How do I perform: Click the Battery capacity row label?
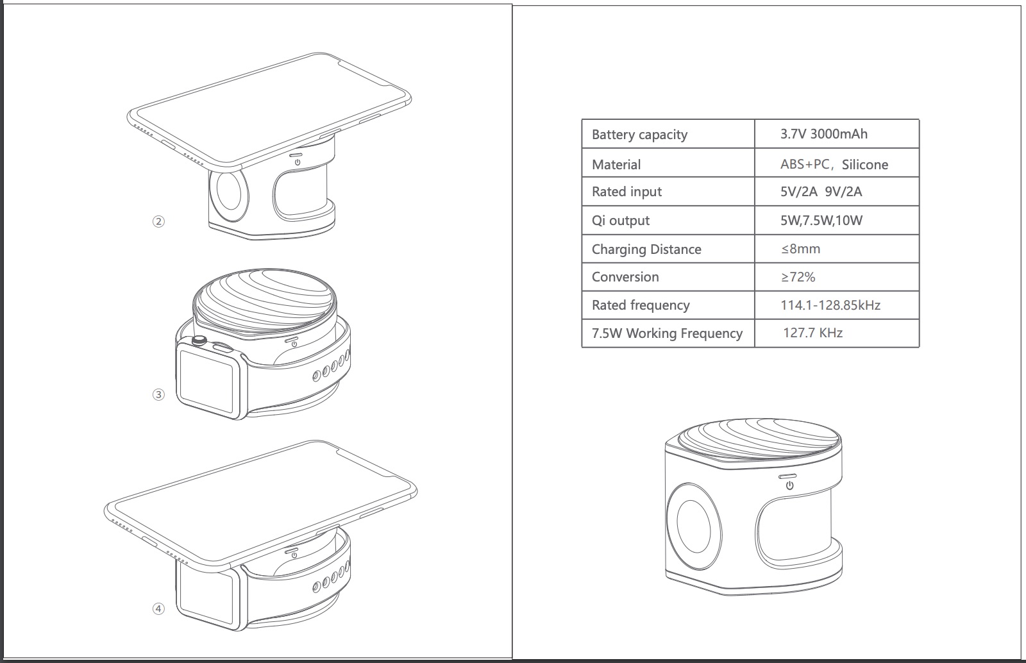(x=639, y=135)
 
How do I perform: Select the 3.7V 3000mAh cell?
(x=823, y=134)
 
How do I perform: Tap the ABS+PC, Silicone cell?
(x=834, y=164)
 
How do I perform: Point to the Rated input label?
(x=627, y=191)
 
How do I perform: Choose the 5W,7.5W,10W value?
(x=821, y=221)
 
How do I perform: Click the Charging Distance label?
(x=646, y=249)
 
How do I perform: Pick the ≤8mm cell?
(x=801, y=249)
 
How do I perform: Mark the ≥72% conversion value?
(x=798, y=277)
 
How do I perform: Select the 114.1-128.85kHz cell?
(x=830, y=305)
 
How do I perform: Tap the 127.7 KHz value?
(x=812, y=332)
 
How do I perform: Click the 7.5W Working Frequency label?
(x=667, y=333)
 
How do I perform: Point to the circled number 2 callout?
(x=158, y=222)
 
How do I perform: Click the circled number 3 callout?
(x=158, y=395)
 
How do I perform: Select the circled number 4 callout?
(x=158, y=609)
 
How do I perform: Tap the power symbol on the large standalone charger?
(x=789, y=485)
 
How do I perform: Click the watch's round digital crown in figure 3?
(x=199, y=340)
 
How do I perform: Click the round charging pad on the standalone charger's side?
(x=693, y=526)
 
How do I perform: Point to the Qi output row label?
(x=621, y=220)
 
